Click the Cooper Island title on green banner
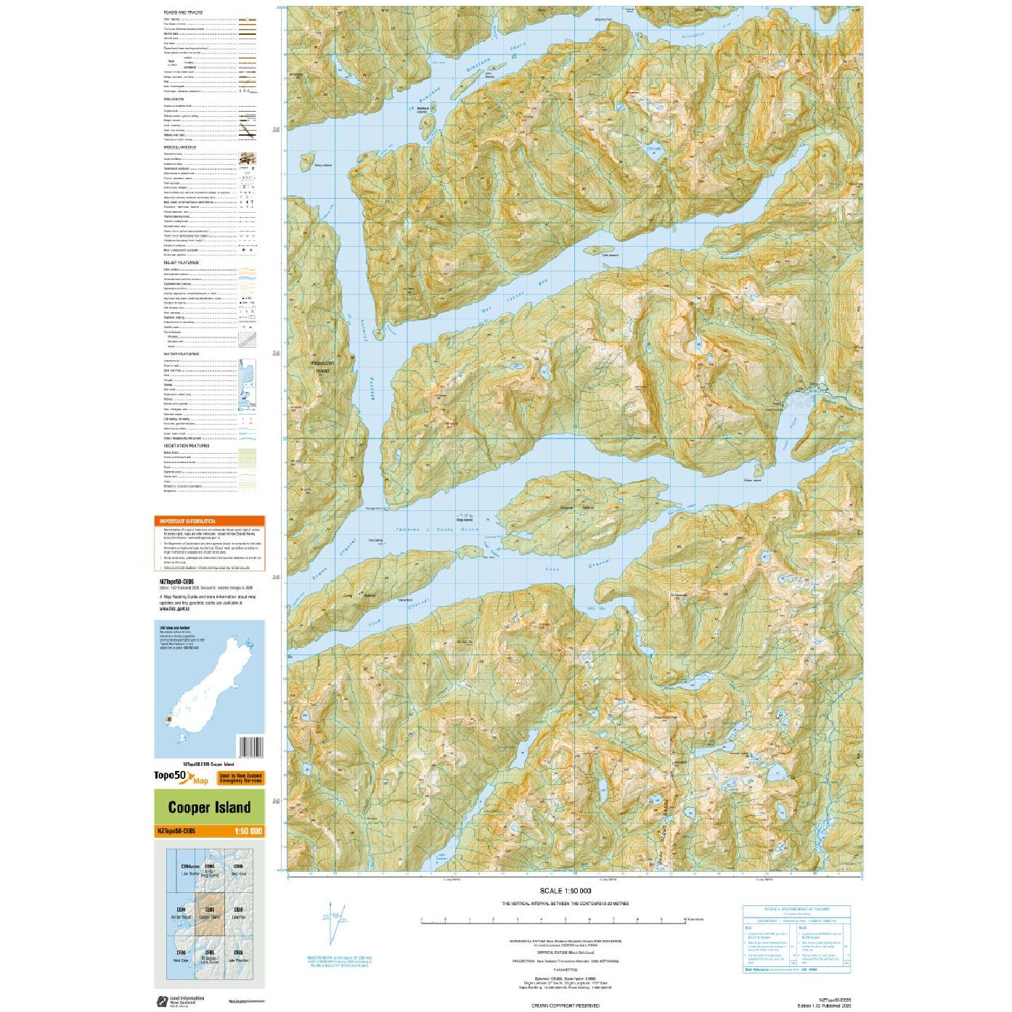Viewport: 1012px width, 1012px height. click(x=209, y=807)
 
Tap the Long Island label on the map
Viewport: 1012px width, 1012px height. click(x=359, y=595)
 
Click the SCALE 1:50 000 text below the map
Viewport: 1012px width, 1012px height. click(x=565, y=891)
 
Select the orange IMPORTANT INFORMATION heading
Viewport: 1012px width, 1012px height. click(x=188, y=521)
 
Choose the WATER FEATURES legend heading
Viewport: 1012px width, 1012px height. click(x=181, y=354)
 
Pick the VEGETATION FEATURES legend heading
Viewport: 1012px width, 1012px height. click(x=186, y=446)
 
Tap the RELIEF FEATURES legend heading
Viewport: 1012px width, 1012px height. click(x=181, y=263)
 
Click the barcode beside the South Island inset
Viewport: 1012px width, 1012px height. click(x=250, y=747)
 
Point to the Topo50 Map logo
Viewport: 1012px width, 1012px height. click(x=181, y=778)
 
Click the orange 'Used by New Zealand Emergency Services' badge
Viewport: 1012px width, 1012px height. click(x=240, y=778)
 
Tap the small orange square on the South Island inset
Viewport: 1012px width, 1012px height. click(x=169, y=719)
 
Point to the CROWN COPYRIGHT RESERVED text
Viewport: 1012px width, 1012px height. click(x=565, y=1005)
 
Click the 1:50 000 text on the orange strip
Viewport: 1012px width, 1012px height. click(x=248, y=831)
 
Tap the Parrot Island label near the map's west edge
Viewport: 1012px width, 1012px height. click(x=322, y=166)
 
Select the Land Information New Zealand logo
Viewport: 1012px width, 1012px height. click(x=180, y=1001)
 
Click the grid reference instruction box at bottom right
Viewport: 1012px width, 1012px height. click(x=796, y=939)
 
